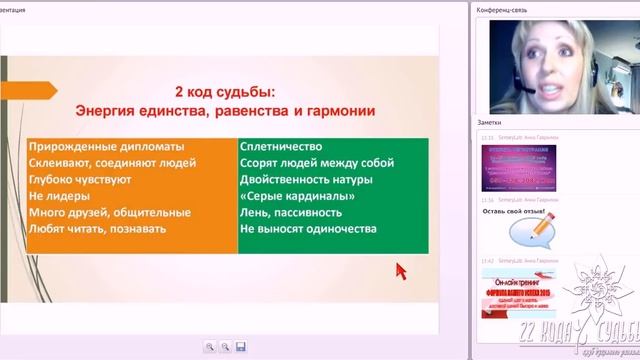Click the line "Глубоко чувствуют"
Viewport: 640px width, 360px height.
coord(80,179)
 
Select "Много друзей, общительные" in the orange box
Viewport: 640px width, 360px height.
coord(109,212)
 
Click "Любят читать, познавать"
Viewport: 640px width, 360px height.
coord(97,229)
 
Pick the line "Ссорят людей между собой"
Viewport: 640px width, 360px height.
coord(316,163)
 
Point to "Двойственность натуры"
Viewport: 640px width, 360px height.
coord(306,179)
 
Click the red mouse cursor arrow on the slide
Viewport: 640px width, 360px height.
coord(401,271)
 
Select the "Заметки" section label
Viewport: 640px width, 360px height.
coord(493,122)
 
